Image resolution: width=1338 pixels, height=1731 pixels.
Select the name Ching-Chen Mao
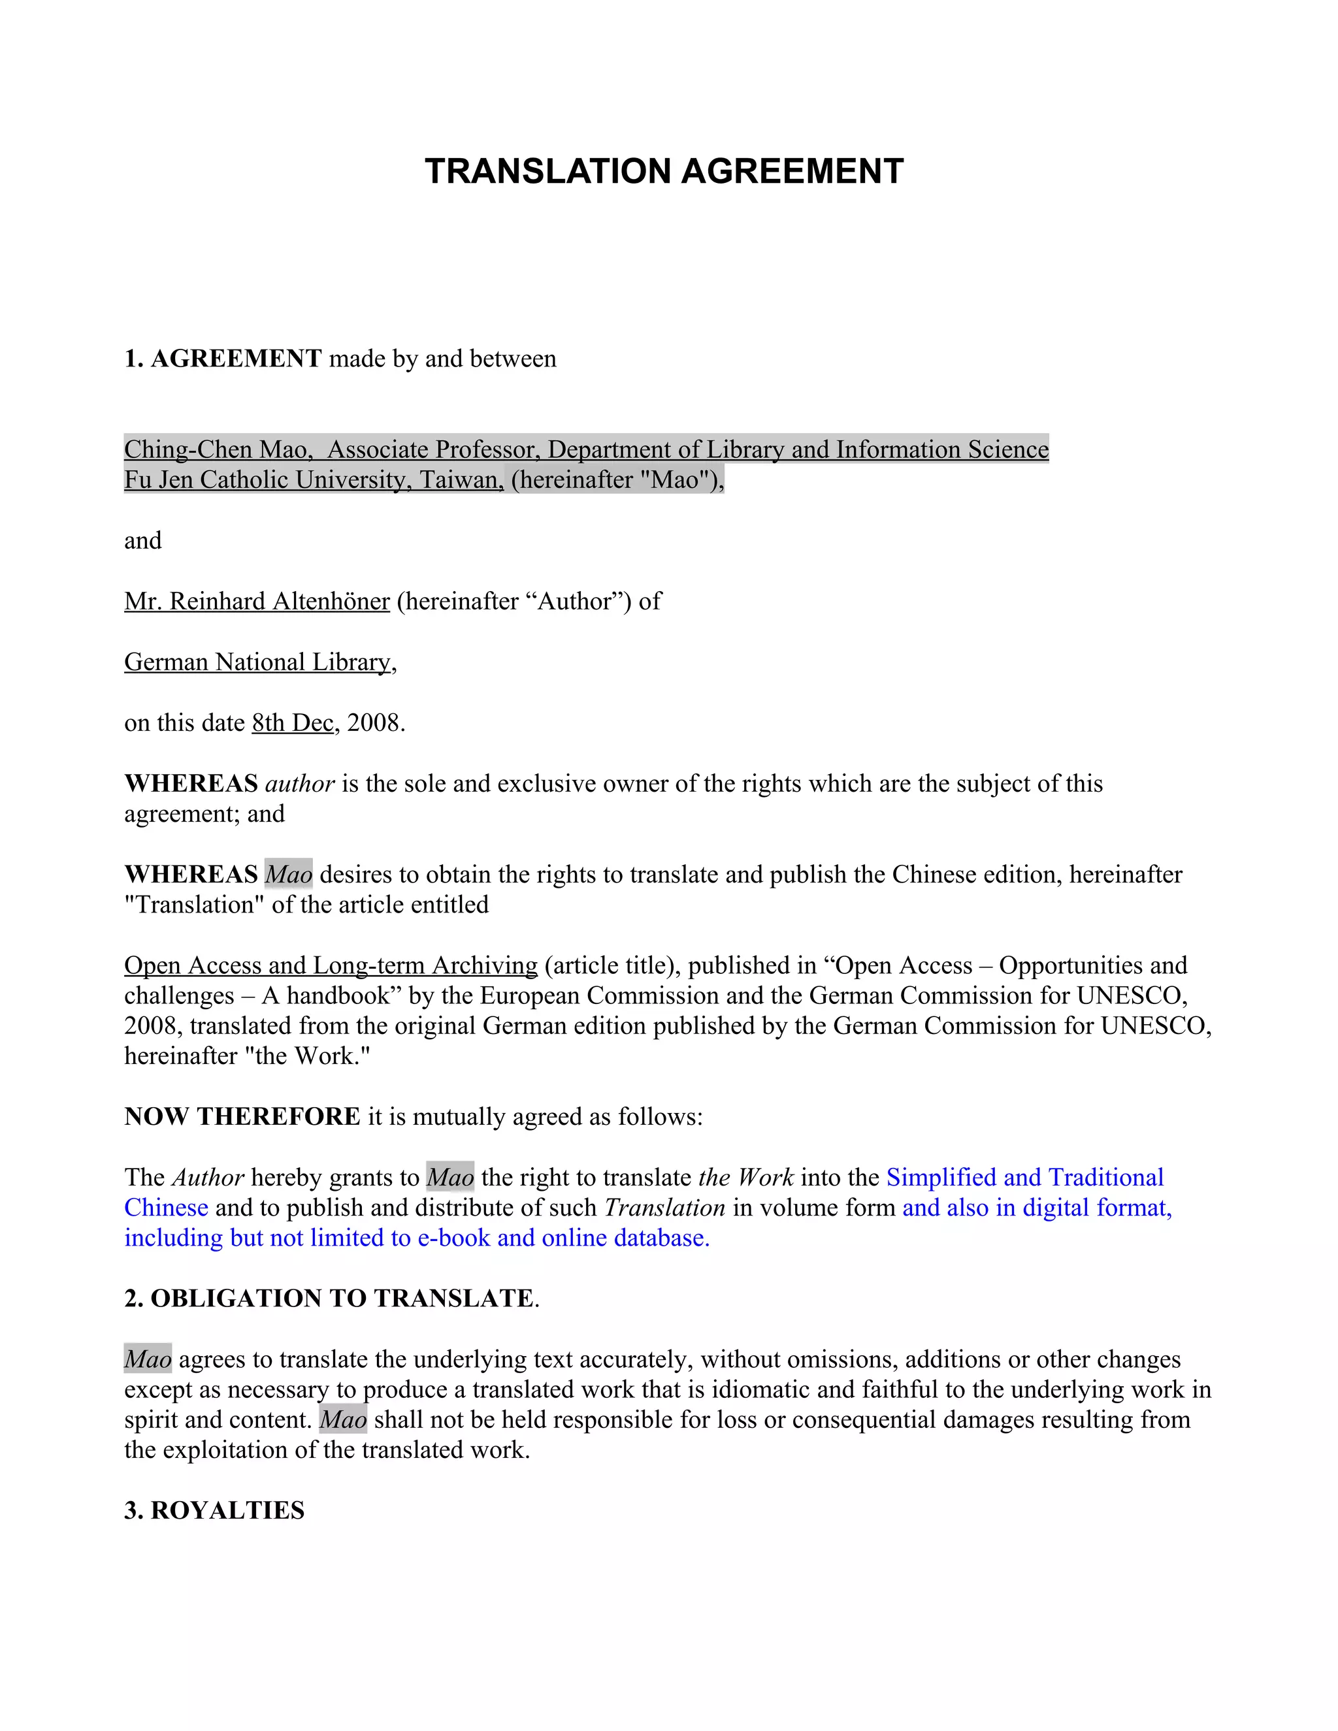pyautogui.click(x=215, y=449)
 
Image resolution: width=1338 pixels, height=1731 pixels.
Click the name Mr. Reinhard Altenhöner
pyautogui.click(x=257, y=602)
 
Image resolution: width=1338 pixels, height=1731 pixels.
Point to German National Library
pyautogui.click(x=257, y=662)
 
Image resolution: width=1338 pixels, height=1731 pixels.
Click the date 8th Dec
pyautogui.click(x=293, y=723)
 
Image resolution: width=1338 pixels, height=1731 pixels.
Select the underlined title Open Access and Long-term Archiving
pyautogui.click(x=331, y=965)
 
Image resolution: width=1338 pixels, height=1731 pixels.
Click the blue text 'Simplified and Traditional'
pyautogui.click(x=1025, y=1178)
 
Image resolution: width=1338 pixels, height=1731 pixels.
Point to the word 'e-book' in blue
pyautogui.click(x=453, y=1238)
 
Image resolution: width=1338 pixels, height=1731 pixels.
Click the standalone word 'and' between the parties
pyautogui.click(x=142, y=541)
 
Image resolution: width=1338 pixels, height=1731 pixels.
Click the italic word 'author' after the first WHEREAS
pyautogui.click(x=300, y=784)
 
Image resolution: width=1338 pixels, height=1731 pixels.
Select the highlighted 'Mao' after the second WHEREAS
pyautogui.click(x=289, y=874)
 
